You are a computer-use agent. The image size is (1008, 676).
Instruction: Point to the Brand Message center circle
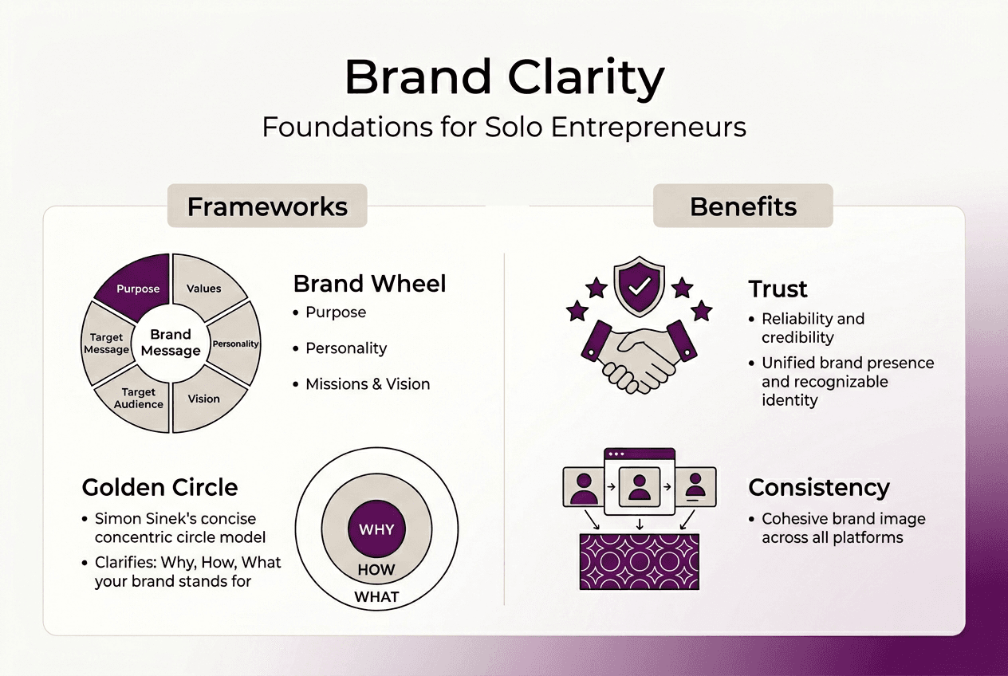tap(171, 343)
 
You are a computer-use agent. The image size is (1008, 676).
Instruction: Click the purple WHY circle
tap(376, 529)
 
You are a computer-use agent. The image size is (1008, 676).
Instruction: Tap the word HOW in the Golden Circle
tap(376, 570)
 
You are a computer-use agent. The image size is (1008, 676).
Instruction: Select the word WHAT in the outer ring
tap(376, 596)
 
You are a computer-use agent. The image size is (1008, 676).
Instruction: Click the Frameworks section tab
tap(267, 206)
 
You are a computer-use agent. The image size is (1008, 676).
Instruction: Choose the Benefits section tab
tap(742, 206)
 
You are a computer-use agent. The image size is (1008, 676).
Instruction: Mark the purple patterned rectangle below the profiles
tap(638, 562)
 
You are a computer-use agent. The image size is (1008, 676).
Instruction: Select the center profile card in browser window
tap(639, 486)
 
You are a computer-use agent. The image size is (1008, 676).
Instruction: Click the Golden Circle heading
tap(159, 487)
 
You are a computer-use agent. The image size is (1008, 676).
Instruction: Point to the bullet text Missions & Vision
tap(367, 384)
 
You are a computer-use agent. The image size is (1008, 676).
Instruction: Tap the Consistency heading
tap(819, 487)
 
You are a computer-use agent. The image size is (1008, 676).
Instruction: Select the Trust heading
tap(778, 289)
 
